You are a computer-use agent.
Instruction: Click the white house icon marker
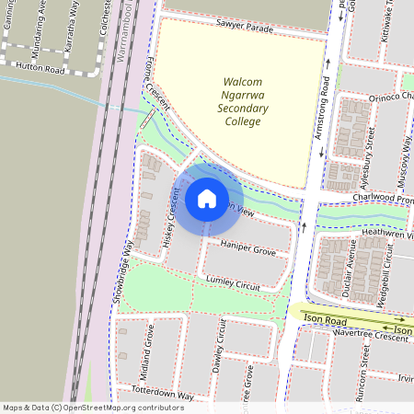point(207,198)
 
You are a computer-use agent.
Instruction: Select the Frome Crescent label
point(155,94)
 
